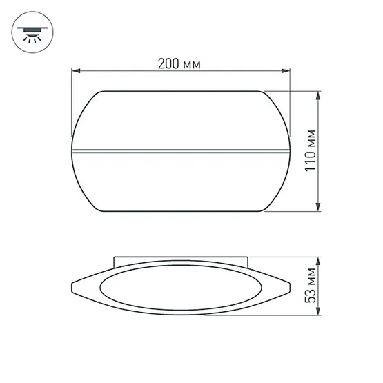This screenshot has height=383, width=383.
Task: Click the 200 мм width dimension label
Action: coord(179,64)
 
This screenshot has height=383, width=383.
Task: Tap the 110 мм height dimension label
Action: coord(311,151)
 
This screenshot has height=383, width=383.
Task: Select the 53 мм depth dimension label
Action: coord(311,288)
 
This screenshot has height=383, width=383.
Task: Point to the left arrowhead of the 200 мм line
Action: coord(77,70)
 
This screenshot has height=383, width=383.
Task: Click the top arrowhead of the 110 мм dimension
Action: coord(318,95)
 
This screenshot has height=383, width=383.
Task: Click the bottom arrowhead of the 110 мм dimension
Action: coord(318,209)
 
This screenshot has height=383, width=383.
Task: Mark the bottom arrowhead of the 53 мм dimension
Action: coord(318,315)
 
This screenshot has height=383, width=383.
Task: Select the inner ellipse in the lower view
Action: coord(179,288)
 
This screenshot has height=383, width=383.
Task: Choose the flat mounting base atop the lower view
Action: coord(179,262)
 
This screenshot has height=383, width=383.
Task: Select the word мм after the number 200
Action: coord(193,64)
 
